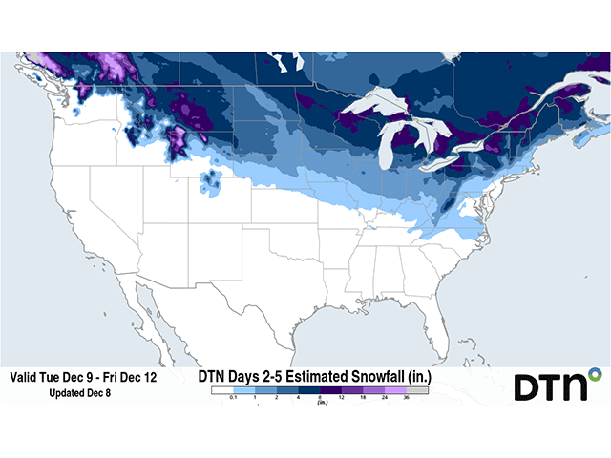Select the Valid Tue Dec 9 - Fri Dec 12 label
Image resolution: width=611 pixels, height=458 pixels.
click(x=83, y=378)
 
